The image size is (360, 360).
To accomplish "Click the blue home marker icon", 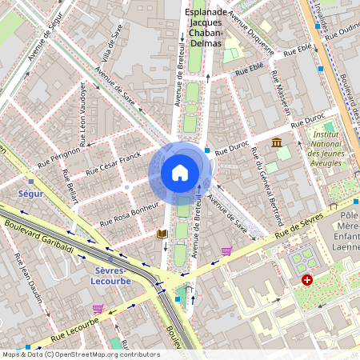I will pyautogui.click(x=180, y=172).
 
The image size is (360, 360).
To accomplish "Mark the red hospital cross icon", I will pyautogui.click(x=308, y=281).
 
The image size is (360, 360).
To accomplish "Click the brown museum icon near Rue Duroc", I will pyautogui.click(x=277, y=142).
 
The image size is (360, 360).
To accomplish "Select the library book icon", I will pyautogui.click(x=162, y=233).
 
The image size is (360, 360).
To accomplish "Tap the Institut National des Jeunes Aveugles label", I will pyautogui.click(x=329, y=148).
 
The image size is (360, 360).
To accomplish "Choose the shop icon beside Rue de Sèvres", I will pyautogui.click(x=226, y=251).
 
